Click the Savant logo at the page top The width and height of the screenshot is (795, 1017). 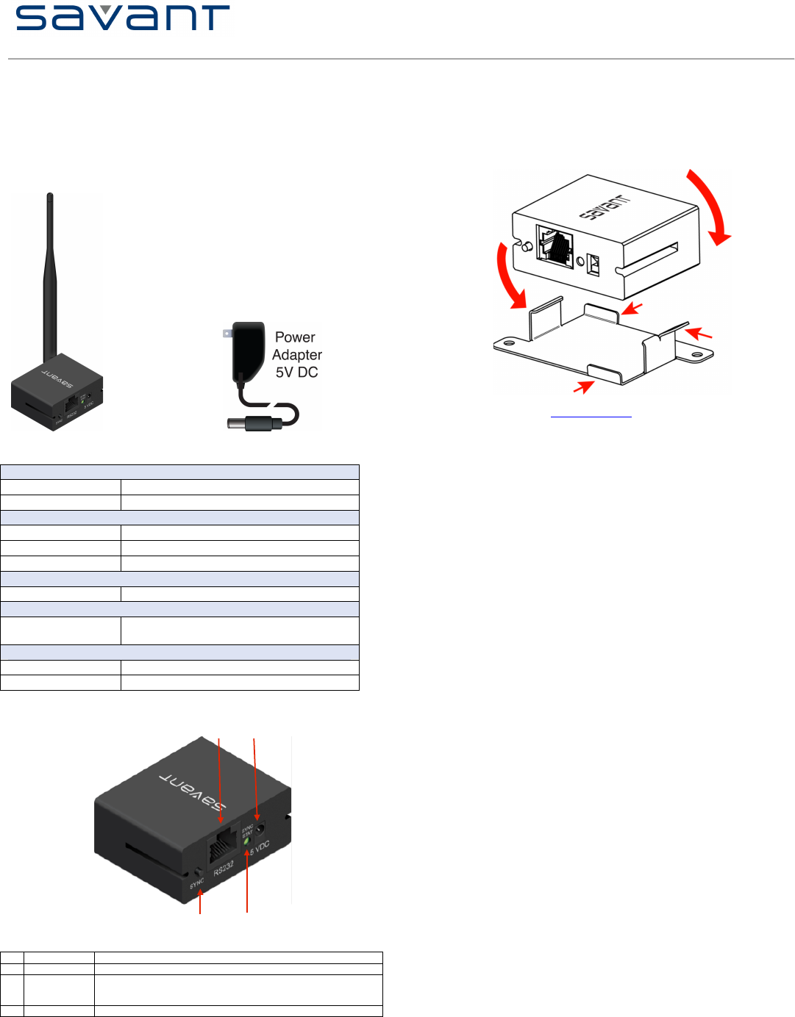coord(123,18)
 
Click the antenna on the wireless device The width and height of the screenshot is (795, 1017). coord(51,279)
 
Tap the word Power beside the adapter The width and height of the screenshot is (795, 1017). coord(295,337)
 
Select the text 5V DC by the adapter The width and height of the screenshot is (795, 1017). coord(297,373)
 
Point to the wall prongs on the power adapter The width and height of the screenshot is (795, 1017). coord(227,334)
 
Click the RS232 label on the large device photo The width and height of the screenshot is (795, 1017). coord(224,868)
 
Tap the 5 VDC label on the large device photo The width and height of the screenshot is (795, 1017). coord(260,847)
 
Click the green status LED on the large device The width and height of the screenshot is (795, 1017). coord(247,841)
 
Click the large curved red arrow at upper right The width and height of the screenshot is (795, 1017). coord(711,206)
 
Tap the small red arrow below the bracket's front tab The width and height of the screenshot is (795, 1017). coord(583,386)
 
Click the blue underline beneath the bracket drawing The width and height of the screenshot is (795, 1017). coord(591,417)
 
